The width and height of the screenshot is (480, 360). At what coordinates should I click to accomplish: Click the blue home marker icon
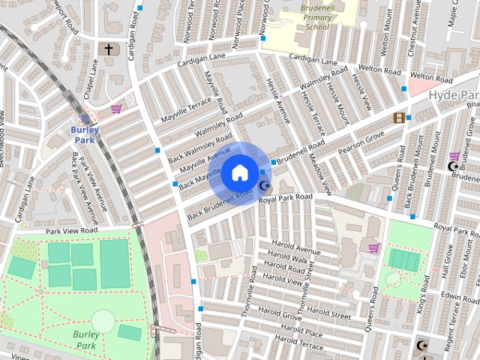tap(239, 172)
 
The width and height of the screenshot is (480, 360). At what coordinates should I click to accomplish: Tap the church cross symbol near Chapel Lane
tap(108, 49)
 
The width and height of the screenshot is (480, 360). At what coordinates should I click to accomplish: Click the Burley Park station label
tap(85, 134)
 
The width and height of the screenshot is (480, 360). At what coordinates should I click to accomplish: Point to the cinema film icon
tap(399, 118)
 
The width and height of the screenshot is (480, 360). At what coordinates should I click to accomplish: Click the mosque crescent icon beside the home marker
tap(264, 186)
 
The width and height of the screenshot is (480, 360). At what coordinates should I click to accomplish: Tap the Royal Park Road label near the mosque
tap(285, 197)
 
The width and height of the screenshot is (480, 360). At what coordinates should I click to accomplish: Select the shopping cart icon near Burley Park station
tap(116, 109)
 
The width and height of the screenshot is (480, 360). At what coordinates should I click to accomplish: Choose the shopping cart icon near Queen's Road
tap(373, 247)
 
